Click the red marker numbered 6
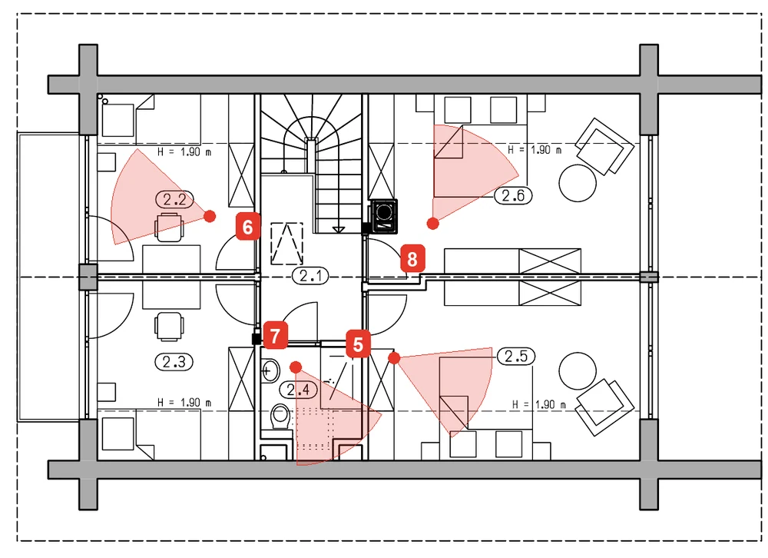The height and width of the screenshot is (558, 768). [248, 227]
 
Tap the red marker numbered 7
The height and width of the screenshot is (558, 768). [275, 336]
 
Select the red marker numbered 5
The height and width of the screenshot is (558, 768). [358, 344]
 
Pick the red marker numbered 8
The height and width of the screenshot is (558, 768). [412, 259]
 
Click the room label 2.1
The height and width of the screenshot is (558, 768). [311, 276]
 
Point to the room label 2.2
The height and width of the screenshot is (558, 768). [174, 200]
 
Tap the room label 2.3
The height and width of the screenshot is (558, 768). [174, 362]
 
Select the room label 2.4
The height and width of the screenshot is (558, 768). [298, 390]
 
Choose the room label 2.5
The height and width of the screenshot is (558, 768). [516, 356]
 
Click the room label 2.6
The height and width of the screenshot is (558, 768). [513, 196]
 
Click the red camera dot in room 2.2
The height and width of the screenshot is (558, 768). [210, 216]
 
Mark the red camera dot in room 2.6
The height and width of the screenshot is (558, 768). [432, 224]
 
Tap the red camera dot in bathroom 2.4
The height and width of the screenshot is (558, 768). [296, 367]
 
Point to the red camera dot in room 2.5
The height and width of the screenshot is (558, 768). [394, 358]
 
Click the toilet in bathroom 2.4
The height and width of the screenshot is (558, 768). [280, 417]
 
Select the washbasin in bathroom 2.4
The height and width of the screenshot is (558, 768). [270, 370]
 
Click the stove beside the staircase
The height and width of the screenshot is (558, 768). [384, 216]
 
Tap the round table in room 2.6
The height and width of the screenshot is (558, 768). [578, 183]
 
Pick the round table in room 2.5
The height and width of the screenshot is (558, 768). [578, 370]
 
